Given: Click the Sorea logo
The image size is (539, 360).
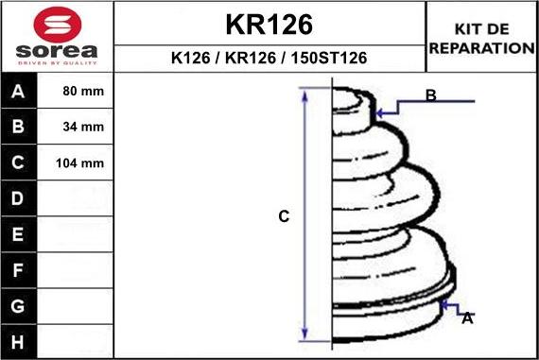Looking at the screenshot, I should (x=57, y=38).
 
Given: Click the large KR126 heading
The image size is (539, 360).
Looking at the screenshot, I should (x=269, y=24).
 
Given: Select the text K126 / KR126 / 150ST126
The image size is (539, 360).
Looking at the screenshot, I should (x=269, y=59).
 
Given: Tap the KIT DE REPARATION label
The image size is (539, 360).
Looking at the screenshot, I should (x=482, y=38).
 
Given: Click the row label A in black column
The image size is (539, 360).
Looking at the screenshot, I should (x=18, y=93).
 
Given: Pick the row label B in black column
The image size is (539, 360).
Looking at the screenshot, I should (x=18, y=128).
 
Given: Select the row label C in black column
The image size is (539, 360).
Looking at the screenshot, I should (x=18, y=163).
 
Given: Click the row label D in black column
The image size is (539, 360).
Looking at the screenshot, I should (x=18, y=199).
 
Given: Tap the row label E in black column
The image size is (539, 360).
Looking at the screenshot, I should (x=18, y=234).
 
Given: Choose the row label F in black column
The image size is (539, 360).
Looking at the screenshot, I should (x=18, y=270).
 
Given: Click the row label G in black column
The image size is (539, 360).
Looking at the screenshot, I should (x=18, y=306).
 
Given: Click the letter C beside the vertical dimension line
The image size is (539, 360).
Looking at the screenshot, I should (x=283, y=216).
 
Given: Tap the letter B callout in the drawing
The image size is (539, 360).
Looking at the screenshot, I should (x=430, y=95).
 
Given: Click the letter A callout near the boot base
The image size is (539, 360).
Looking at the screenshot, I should (x=466, y=318).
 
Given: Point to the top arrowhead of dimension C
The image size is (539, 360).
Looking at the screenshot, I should (x=304, y=94).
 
